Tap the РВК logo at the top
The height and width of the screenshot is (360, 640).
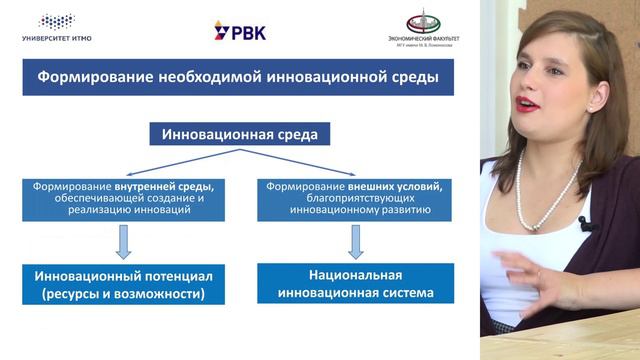(239, 30)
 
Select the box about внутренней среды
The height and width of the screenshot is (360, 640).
(124, 199)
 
